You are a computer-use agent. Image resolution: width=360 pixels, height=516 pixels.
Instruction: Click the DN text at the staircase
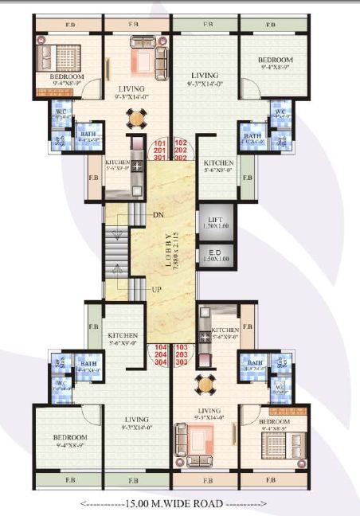tap(158, 215)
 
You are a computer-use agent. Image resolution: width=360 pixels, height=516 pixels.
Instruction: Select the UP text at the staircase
tap(158, 289)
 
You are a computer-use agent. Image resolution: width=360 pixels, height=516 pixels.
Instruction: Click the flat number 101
tap(161, 143)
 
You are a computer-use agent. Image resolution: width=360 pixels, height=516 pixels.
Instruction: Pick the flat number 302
tap(180, 158)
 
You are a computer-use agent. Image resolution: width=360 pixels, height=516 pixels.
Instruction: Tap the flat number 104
tap(161, 348)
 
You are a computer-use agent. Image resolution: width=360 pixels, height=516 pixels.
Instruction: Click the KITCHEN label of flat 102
tap(218, 162)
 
